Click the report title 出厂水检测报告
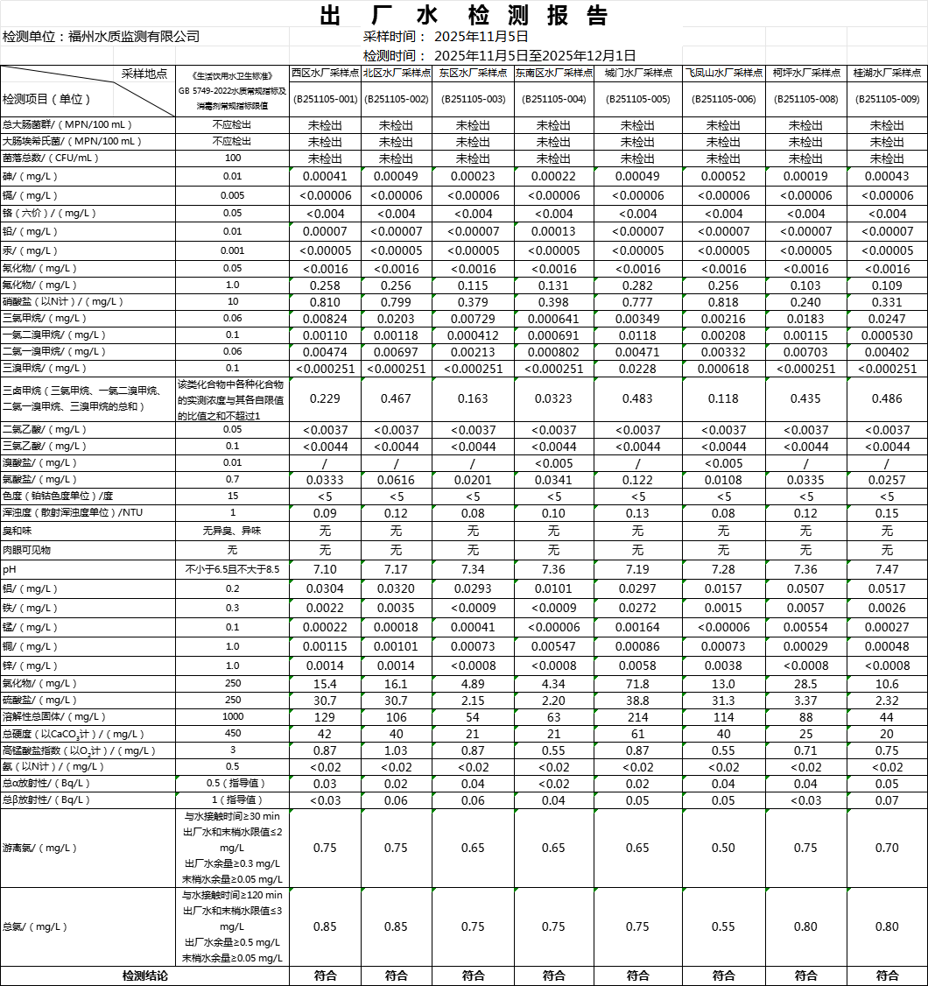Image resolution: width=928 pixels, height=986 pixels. tap(463, 15)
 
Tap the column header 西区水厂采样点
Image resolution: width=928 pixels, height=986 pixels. tap(324, 74)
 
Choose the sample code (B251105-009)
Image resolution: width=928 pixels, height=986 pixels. tap(887, 99)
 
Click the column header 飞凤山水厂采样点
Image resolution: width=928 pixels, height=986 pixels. tap(723, 74)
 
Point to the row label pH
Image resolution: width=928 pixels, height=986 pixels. tap(10, 569)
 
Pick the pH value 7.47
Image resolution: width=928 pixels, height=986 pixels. tap(887, 569)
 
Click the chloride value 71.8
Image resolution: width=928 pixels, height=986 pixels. tap(637, 683)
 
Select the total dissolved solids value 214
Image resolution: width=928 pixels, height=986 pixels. tap(637, 717)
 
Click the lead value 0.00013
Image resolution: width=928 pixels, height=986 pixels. tap(552, 231)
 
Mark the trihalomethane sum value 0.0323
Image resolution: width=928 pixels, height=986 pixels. tap(552, 398)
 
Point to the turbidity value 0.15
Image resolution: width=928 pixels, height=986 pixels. tap(887, 512)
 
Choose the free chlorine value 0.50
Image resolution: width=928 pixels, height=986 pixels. tap(723, 848)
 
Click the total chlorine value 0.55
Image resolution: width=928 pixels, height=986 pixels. tap(723, 926)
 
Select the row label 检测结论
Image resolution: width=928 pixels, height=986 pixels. tap(144, 975)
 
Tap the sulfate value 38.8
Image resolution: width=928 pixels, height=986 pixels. tap(637, 701)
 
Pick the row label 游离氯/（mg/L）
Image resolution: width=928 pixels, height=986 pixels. tap(39, 848)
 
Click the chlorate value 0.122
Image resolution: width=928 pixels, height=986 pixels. tap(637, 480)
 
